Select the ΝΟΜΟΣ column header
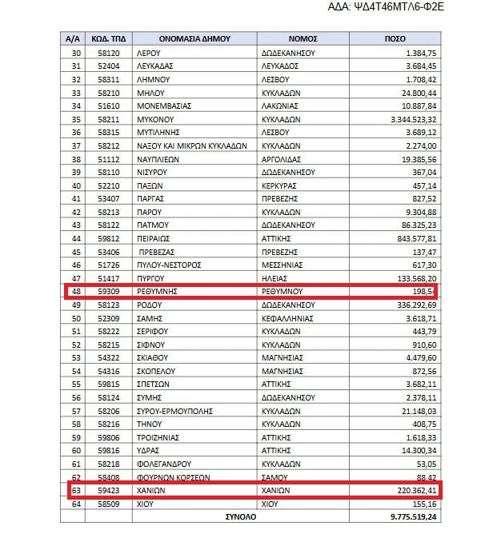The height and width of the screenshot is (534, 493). (304, 38)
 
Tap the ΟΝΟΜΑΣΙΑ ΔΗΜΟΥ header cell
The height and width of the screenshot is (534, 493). (194, 38)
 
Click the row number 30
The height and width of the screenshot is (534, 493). (78, 52)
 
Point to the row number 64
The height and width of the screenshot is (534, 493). (78, 504)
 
